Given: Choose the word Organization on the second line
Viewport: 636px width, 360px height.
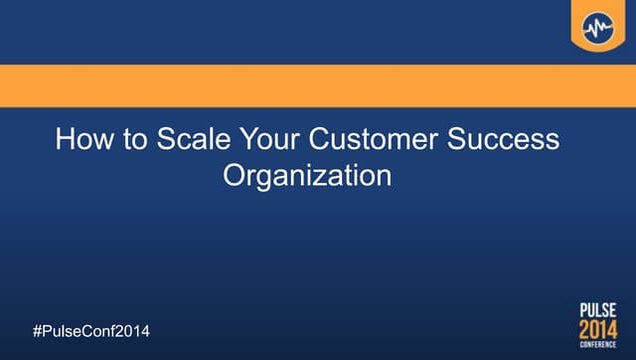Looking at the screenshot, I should pyautogui.click(x=306, y=176).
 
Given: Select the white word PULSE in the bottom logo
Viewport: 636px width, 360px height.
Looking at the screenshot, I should pyautogui.click(x=598, y=310).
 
